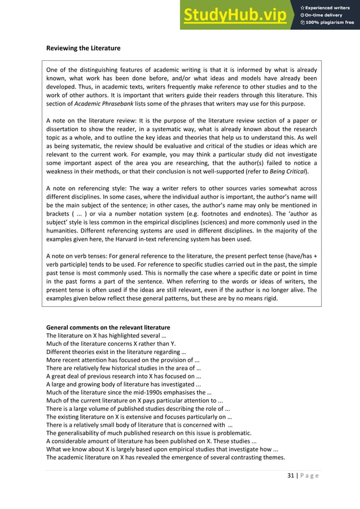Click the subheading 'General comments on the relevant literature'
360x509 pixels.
[x=108, y=328]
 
